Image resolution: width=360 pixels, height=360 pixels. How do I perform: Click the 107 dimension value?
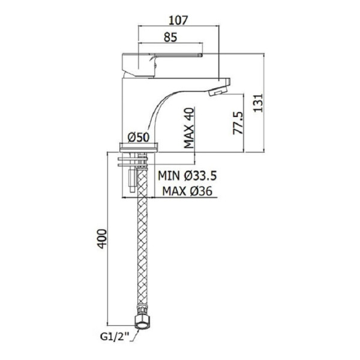click(x=178, y=20)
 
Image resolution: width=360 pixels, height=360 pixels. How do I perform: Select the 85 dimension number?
click(x=170, y=37)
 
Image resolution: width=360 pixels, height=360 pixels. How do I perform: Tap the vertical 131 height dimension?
click(x=258, y=103)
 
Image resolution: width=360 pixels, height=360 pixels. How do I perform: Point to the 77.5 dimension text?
click(x=238, y=123)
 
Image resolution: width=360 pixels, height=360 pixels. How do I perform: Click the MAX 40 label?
click(x=189, y=128)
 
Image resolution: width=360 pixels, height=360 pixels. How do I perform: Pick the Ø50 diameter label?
click(x=139, y=137)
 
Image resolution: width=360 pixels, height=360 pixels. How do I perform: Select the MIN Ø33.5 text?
click(x=187, y=176)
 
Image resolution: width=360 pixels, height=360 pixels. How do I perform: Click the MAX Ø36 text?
click(x=187, y=191)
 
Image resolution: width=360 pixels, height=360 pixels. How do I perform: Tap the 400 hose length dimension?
click(x=102, y=239)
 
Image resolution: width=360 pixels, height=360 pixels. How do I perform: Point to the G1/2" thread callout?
click(x=115, y=337)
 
